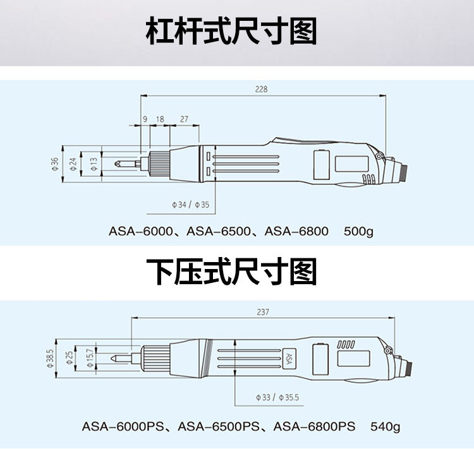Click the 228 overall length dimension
coord(261,89)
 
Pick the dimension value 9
coord(145,119)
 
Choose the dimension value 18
coord(160,119)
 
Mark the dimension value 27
coord(184,119)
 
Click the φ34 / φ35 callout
coord(190,205)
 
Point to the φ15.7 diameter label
coord(88,358)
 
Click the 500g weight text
coord(358,231)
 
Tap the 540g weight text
coord(385,426)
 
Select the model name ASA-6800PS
coord(314,426)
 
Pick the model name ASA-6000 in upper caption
coord(140,231)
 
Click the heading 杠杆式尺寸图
coord(231,32)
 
